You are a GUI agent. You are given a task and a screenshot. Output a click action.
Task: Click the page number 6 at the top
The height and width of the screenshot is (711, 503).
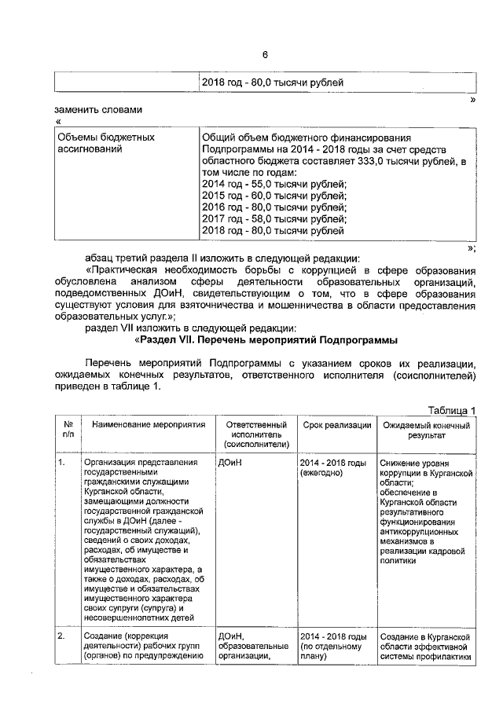tap(265, 54)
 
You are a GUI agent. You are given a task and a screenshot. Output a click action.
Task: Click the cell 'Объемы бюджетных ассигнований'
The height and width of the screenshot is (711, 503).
tap(105, 143)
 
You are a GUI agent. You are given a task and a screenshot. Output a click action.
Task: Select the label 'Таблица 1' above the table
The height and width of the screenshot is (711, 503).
tap(452, 410)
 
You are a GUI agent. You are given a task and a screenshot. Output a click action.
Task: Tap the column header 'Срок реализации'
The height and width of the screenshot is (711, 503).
tap(336, 425)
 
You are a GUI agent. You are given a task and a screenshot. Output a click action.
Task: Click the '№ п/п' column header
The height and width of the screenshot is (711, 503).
tap(68, 430)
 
